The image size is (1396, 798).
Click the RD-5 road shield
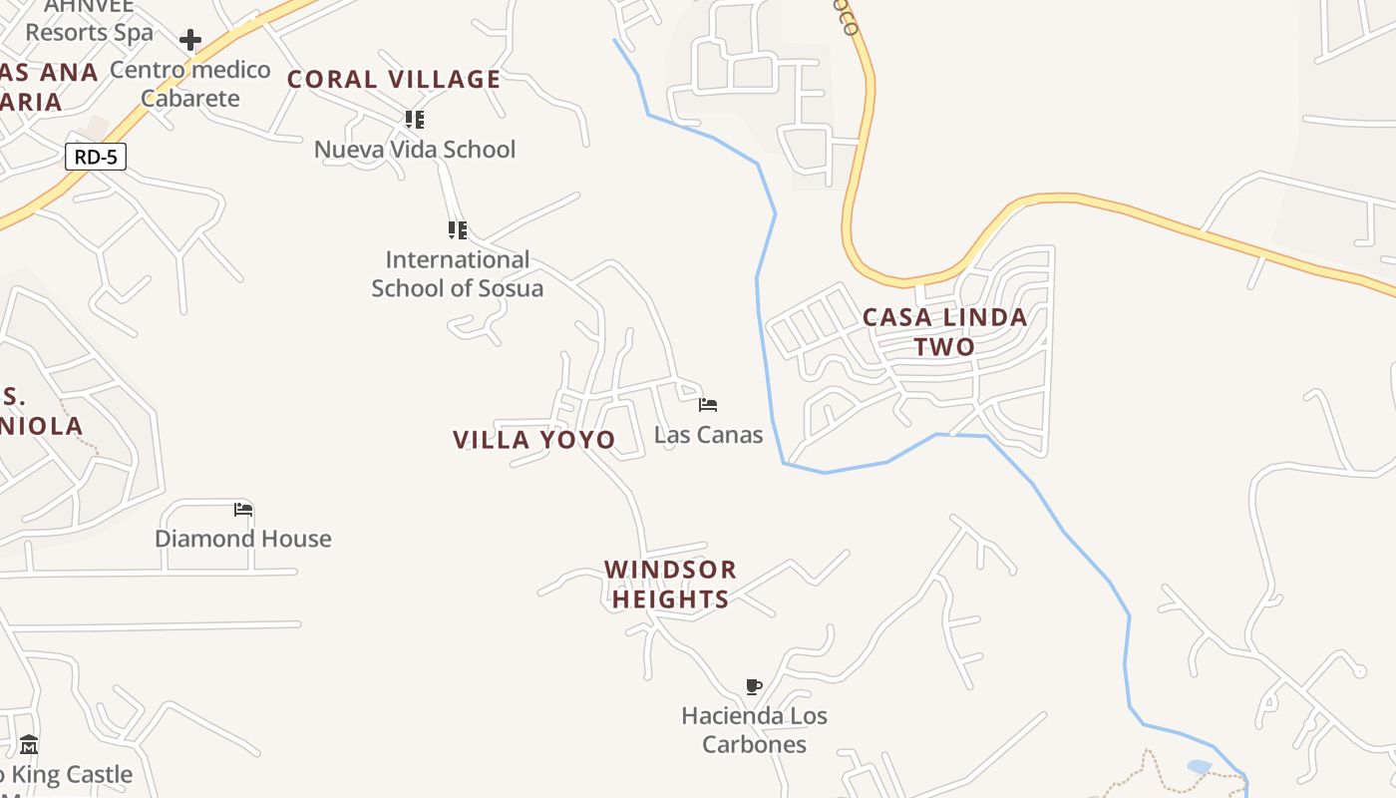(96, 157)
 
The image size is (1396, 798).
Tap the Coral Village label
(394, 80)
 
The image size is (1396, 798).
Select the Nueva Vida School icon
(415, 121)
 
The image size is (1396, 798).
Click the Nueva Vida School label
(415, 150)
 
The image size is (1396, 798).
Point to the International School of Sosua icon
(458, 230)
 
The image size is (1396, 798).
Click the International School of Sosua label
(458, 274)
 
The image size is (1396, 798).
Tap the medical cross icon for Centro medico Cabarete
(190, 41)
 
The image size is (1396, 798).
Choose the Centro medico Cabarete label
(189, 84)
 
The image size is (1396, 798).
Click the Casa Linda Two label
(944, 332)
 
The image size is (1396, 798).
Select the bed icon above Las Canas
(708, 405)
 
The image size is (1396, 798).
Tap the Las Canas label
(708, 435)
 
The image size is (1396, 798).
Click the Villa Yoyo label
(534, 440)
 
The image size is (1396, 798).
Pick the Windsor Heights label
(670, 585)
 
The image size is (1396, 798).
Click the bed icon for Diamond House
(243, 510)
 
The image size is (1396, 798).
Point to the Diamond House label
(243, 539)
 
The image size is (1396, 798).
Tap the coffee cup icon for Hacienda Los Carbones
(754, 686)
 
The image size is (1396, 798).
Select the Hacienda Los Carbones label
(754, 730)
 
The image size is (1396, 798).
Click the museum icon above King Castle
(29, 745)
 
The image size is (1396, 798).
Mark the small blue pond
(1200, 766)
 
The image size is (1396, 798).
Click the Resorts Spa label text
(90, 32)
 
